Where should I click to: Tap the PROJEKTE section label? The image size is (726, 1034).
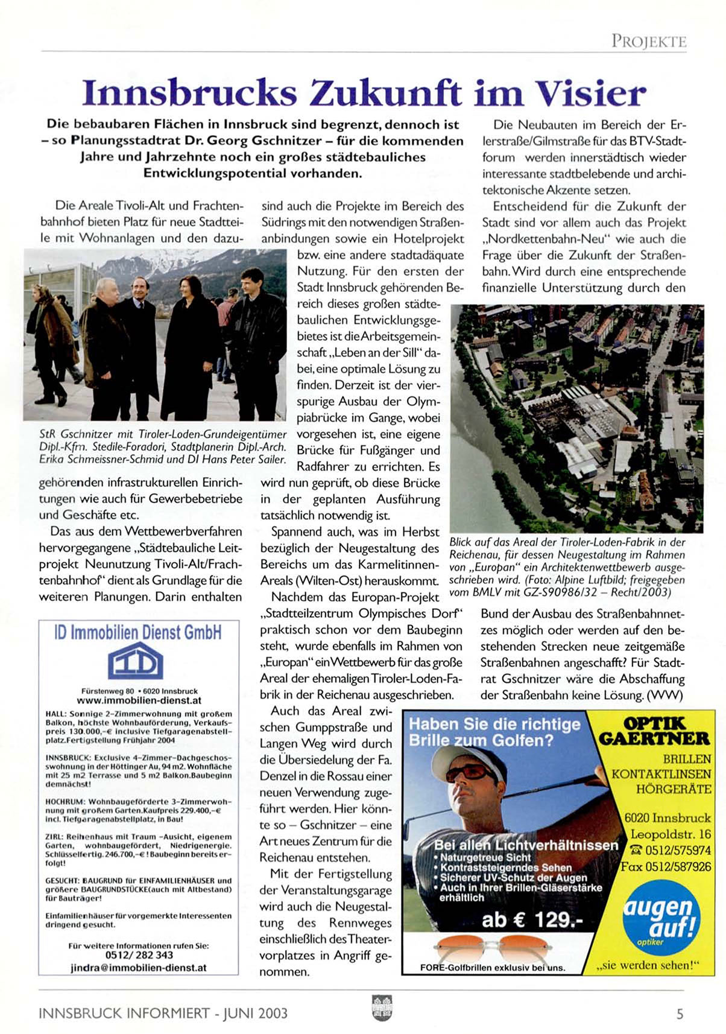pos(649,41)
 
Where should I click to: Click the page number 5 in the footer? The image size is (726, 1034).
pos(680,1013)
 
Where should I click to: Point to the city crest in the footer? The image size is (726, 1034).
pos(382,1007)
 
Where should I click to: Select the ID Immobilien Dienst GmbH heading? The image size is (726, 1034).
pos(137,632)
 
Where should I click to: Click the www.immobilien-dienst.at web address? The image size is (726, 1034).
pos(139,700)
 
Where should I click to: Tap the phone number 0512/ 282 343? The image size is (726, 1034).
pos(139,955)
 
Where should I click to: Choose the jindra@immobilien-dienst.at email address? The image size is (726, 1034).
pos(139,967)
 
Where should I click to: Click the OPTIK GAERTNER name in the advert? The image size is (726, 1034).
pos(654,731)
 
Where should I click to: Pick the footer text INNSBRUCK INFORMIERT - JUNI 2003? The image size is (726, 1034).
pos(163,1013)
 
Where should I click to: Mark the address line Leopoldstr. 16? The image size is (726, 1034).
pos(671,834)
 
